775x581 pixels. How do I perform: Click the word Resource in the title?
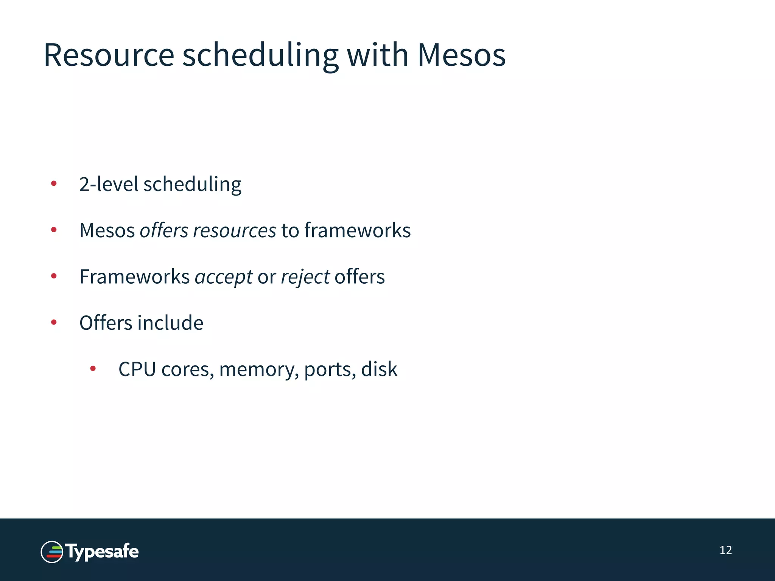point(109,55)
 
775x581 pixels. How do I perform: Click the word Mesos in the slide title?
point(461,55)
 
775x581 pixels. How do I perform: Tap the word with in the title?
point(377,55)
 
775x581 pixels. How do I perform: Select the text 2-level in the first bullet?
point(109,184)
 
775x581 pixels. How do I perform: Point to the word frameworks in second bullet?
point(357,230)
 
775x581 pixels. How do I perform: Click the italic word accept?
point(223,277)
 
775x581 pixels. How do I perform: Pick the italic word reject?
point(305,277)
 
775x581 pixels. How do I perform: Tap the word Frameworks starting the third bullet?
point(134,277)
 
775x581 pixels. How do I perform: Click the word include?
point(170,323)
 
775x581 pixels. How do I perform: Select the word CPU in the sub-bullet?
point(137,369)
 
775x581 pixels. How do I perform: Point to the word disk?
point(379,369)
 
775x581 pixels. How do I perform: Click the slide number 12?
point(725,550)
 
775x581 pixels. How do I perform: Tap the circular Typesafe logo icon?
point(52,552)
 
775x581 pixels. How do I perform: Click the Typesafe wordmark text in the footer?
point(102,552)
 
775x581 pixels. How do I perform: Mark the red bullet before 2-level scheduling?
point(54,184)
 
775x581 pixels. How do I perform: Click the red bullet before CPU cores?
point(93,368)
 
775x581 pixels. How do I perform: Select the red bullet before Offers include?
point(54,322)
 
